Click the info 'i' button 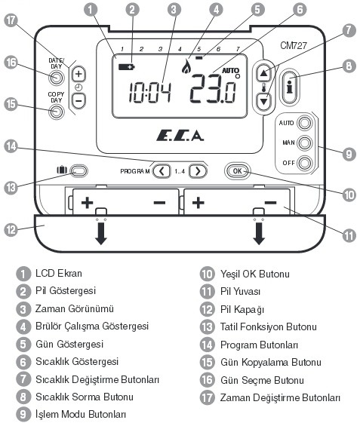(x=290, y=86)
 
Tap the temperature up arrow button (x=263, y=72)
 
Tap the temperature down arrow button (x=263, y=102)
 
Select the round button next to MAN (x=305, y=143)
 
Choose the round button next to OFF (x=305, y=163)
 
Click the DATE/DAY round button (x=57, y=78)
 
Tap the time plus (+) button (x=78, y=74)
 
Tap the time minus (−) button (x=78, y=101)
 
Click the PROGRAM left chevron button (x=162, y=171)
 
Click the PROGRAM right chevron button (x=198, y=171)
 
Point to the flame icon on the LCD (x=186, y=66)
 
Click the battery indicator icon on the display (x=126, y=66)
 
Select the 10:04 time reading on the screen (x=150, y=93)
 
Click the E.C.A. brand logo (x=180, y=136)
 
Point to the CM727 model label (x=294, y=45)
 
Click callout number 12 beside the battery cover (x=11, y=230)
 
